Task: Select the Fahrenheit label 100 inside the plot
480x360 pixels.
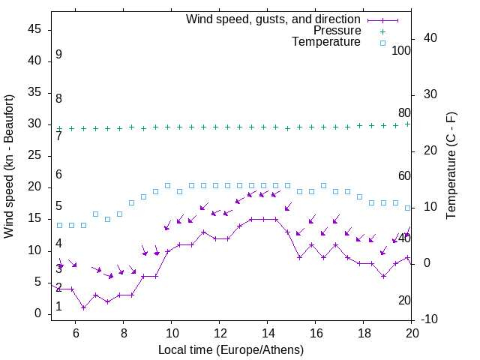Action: pyautogui.click(x=401, y=51)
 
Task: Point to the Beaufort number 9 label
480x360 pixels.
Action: pyautogui.click(x=58, y=55)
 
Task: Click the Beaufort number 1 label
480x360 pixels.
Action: pyautogui.click(x=58, y=307)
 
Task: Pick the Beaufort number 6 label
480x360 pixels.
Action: pyautogui.click(x=58, y=175)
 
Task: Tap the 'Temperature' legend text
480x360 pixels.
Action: pyautogui.click(x=326, y=42)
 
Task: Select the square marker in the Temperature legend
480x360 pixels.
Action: pyautogui.click(x=382, y=43)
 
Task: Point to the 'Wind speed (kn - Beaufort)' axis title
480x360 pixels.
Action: pyautogui.click(x=9, y=166)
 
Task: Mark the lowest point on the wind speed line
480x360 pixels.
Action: pyautogui.click(x=83, y=307)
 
